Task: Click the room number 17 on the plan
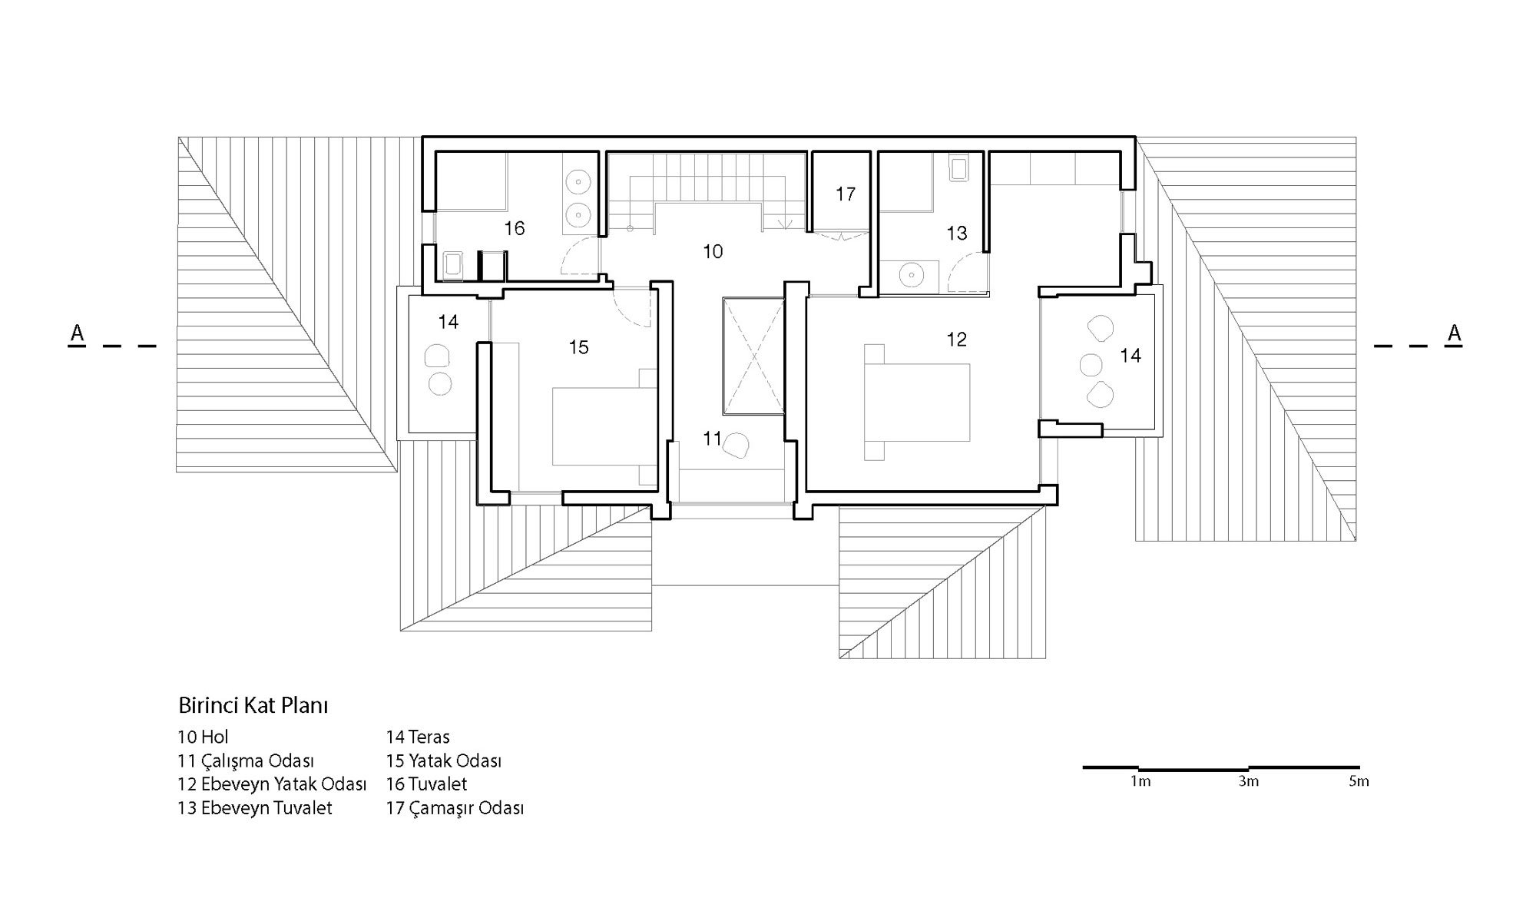[x=846, y=194]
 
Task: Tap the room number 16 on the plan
[x=515, y=228]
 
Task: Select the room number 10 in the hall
[x=713, y=251]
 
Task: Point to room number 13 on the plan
[x=957, y=233]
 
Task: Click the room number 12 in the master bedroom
[x=957, y=339]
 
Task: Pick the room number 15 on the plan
[x=578, y=347]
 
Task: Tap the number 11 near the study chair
[x=712, y=438]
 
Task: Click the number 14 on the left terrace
[x=449, y=322]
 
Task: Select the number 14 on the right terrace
[x=1130, y=355]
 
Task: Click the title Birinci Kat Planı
[x=253, y=705]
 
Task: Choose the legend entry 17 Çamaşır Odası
[x=455, y=808]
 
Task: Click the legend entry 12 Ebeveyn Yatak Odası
[x=272, y=784]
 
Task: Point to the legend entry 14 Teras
[x=418, y=737]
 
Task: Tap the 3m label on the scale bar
[x=1249, y=781]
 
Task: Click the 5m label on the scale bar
[x=1359, y=781]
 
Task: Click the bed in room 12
[x=917, y=402]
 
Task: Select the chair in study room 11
[x=737, y=446]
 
